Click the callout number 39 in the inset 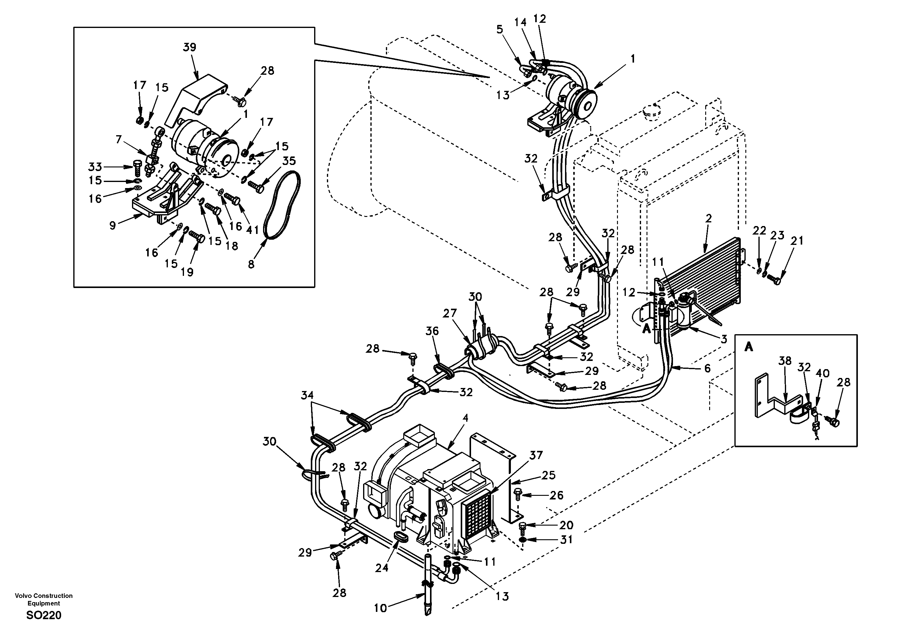(x=189, y=48)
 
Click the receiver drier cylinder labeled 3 (x=688, y=315)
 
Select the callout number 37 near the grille (x=536, y=456)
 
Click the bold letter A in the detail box (x=748, y=347)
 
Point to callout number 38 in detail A (x=785, y=361)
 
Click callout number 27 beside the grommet (x=449, y=314)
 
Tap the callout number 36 (x=432, y=331)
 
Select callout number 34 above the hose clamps (x=307, y=395)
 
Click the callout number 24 (x=382, y=568)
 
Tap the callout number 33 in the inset (x=95, y=167)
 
